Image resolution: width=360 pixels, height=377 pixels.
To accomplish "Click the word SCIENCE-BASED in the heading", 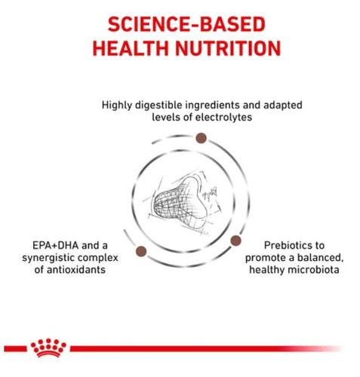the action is pos(186,24).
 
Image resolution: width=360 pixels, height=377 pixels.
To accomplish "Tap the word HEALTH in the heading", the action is pos(131,48).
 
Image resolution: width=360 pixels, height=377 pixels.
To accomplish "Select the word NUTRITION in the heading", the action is pos(228,48).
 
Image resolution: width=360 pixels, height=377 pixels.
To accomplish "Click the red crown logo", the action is pos(48,348).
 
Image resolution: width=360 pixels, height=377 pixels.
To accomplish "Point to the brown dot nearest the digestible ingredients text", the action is pos(201,138).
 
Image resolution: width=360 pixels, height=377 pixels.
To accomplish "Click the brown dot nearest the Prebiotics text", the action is pos(235,241).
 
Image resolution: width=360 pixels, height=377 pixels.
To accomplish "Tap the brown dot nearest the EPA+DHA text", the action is pos(141,251).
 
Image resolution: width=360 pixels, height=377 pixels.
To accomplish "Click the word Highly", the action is pos(116,106).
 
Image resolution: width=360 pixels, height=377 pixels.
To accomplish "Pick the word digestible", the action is pos(158,106).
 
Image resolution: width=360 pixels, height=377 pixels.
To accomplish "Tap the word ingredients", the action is pos(212,106).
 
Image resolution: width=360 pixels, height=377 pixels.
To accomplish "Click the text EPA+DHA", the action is pos(56,246).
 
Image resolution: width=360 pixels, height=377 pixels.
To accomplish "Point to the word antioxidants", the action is pos(76,270).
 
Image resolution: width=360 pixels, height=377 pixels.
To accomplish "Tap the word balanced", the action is pos(320,258).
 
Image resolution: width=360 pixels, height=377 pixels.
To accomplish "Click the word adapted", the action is pos(283,106).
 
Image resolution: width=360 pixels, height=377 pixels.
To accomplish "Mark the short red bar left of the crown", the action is pos(15,348).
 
